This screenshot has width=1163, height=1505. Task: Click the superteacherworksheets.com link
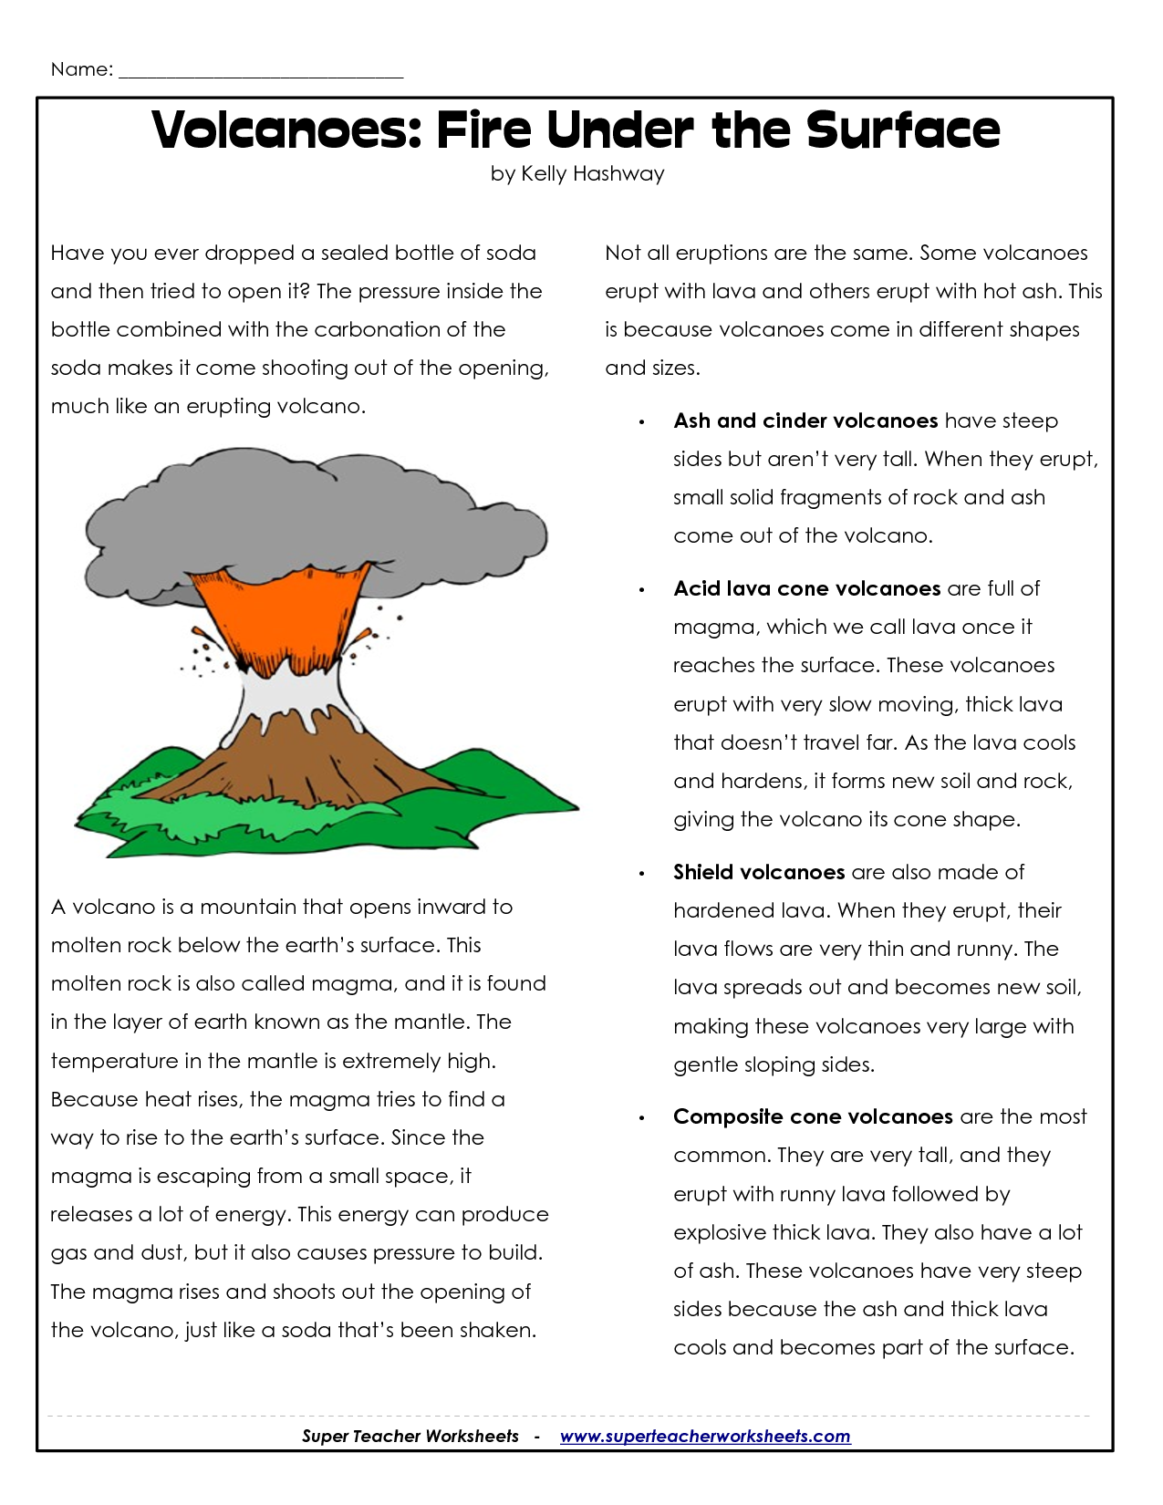(705, 1437)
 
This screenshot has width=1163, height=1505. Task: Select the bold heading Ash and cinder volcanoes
(805, 420)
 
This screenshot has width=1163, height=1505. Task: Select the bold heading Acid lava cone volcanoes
(806, 588)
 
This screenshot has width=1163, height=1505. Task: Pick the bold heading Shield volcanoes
(759, 872)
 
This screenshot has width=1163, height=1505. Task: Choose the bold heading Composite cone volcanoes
(813, 1116)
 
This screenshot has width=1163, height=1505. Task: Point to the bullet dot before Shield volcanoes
(642, 874)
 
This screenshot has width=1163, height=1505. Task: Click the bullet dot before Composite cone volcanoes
(642, 1118)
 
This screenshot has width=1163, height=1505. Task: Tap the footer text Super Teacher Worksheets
(410, 1437)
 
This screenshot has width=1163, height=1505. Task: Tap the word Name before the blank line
(80, 69)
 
